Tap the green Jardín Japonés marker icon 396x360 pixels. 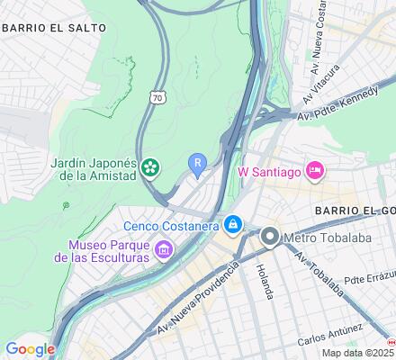click(x=149, y=167)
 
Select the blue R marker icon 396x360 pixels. click(x=197, y=162)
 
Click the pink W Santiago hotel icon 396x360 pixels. click(x=314, y=169)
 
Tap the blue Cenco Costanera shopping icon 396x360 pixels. click(x=233, y=223)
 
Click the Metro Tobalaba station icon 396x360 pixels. click(x=269, y=238)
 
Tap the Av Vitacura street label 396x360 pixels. click(x=321, y=82)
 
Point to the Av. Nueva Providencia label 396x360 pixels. click(x=200, y=298)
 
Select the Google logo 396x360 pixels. click(x=30, y=349)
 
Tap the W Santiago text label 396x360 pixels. click(x=268, y=169)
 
